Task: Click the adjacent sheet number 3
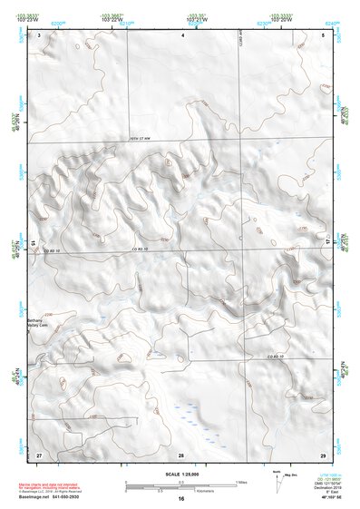pos(39,34)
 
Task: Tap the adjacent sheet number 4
pos(182,34)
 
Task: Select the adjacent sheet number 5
pos(324,34)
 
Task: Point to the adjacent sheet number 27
pos(39,454)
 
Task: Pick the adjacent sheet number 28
pos(181,454)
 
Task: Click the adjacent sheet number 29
pos(323,454)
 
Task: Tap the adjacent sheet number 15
pos(33,243)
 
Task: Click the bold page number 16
pos(181,499)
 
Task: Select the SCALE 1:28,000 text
pos(181,473)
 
